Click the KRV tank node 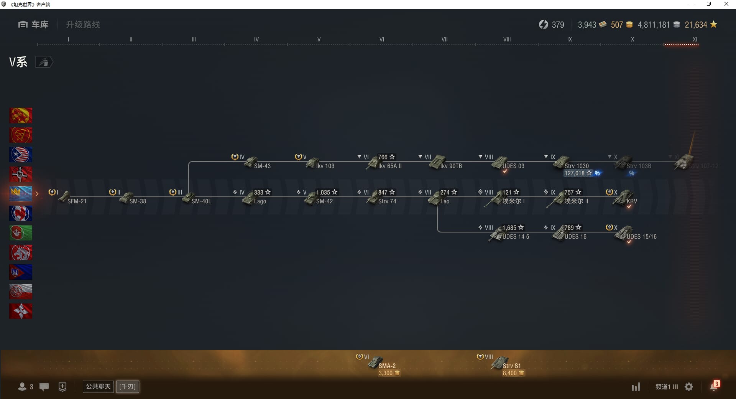point(623,198)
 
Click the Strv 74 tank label point(387,201)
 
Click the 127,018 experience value point(574,173)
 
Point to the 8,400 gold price point(510,373)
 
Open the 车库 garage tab point(33,25)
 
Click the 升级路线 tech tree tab point(83,25)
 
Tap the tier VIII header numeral point(507,39)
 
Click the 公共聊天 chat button point(98,386)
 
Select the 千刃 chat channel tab point(128,386)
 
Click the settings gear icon point(689,387)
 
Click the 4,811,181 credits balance point(654,25)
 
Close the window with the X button point(726,4)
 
